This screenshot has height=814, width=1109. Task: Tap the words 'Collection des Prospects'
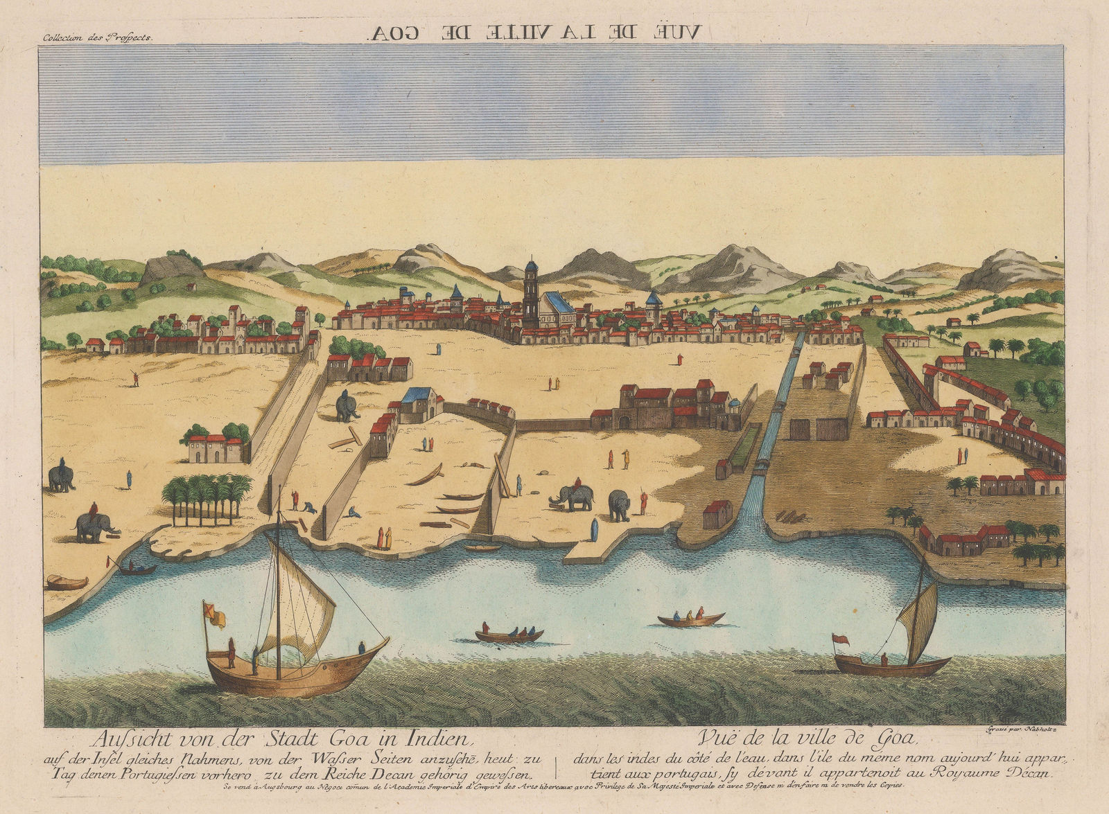coord(96,39)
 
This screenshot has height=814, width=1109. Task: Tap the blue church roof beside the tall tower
coord(559,303)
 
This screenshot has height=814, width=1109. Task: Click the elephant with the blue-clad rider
coord(61,477)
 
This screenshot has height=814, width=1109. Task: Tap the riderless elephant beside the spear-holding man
coord(619,504)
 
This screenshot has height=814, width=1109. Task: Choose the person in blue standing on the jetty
coord(594,530)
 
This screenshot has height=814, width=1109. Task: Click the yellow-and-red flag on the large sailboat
coord(213,614)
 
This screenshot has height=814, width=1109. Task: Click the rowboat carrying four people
coord(509,634)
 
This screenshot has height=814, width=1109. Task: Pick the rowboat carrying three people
coord(691,617)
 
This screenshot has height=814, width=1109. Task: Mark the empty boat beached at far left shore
coord(67,582)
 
